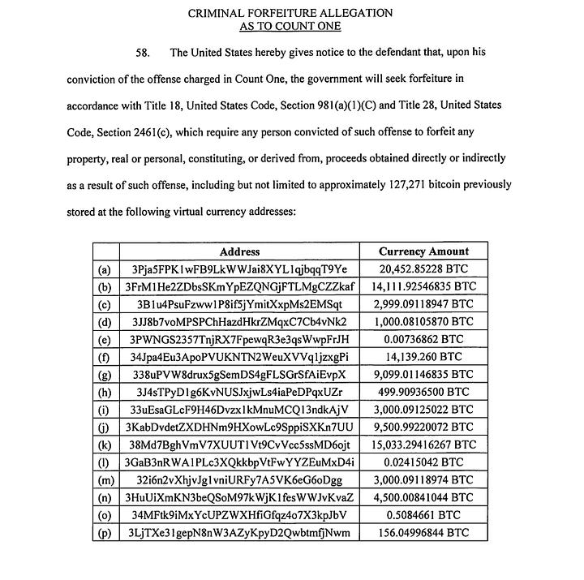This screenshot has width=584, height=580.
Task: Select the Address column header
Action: [x=239, y=251]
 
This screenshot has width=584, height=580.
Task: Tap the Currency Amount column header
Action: [x=423, y=251]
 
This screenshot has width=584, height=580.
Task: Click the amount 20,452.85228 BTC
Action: [x=423, y=269]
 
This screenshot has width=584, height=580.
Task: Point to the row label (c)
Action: [x=105, y=304]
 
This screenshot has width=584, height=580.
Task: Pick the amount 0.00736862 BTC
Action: [x=423, y=339]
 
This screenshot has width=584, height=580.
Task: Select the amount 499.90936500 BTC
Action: [x=423, y=393]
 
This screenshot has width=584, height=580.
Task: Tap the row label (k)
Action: [x=105, y=445]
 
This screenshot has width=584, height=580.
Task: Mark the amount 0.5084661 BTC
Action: [x=423, y=515]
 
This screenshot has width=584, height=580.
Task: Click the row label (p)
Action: [x=105, y=533]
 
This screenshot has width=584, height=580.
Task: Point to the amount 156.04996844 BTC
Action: [x=423, y=533]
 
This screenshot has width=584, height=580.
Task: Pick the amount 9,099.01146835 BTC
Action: [x=423, y=375]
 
